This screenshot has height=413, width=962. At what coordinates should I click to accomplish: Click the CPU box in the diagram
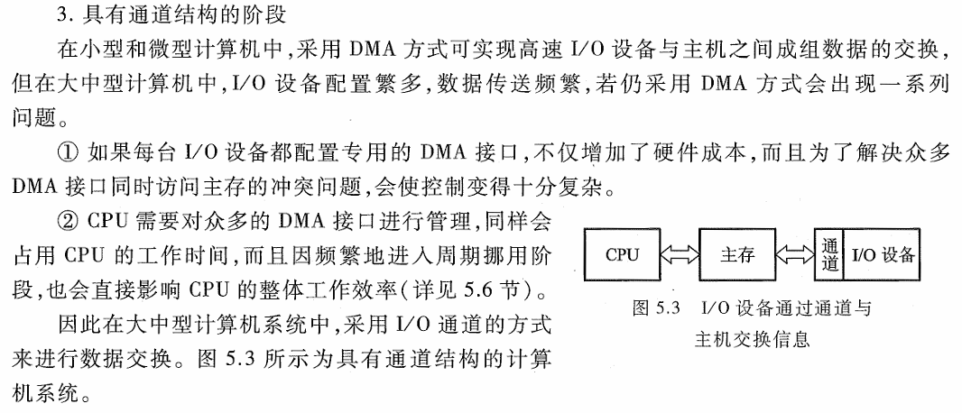623,254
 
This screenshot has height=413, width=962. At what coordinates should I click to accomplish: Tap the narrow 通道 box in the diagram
828,254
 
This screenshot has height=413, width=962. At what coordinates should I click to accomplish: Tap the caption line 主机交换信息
751,339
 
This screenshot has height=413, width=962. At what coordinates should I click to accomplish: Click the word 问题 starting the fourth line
32,118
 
